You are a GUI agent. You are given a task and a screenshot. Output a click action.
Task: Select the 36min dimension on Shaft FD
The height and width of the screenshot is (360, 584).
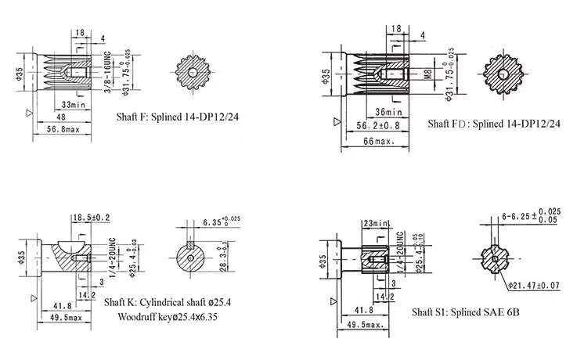point(388,111)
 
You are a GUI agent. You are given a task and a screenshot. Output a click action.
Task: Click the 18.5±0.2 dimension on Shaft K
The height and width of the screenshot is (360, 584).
point(92,217)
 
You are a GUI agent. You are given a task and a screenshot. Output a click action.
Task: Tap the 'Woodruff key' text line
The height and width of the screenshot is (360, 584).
point(166,318)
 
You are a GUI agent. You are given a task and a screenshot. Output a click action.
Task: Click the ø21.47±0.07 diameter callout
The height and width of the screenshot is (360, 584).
point(532,285)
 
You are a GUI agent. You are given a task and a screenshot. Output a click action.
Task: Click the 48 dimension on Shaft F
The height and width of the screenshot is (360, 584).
point(60,117)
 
